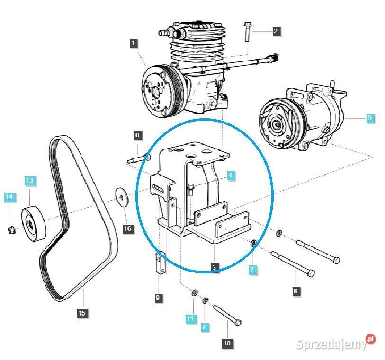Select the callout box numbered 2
pos(276,32)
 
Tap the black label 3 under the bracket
pos(215,268)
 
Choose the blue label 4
pos(230,176)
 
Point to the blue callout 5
pos(370,118)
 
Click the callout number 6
pos(295,291)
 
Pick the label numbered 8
pos(137,136)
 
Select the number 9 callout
pos(158,298)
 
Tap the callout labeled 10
pos(227,343)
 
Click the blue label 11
pos(190,319)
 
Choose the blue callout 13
pos(29,180)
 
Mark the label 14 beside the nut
pos(9,196)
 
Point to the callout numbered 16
pos(128,229)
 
